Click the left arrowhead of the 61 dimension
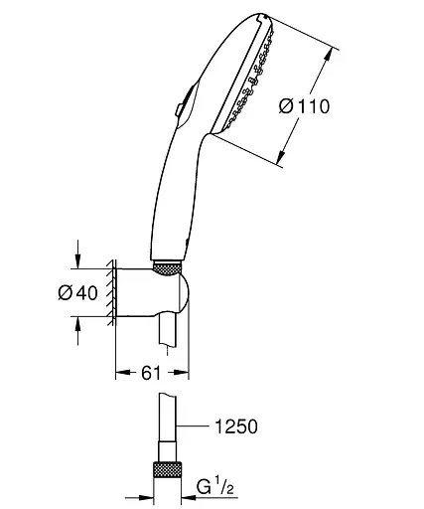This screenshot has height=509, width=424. (x=122, y=374)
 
